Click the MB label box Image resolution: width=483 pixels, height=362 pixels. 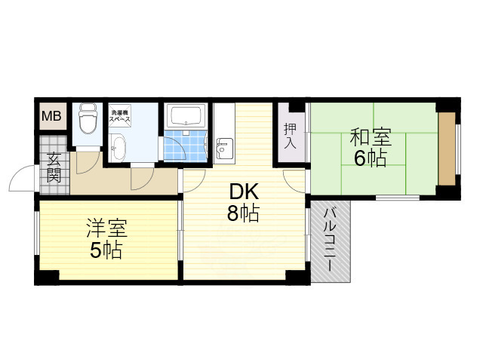52,116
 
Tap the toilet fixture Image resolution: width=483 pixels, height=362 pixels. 87,121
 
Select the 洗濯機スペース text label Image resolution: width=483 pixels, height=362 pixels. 120,116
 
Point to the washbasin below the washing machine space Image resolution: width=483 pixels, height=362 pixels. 119,146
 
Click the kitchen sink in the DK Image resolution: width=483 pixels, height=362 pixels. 223,148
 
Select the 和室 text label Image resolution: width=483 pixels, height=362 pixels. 370,138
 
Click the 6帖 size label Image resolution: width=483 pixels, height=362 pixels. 370,158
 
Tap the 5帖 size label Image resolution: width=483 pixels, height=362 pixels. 106,250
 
